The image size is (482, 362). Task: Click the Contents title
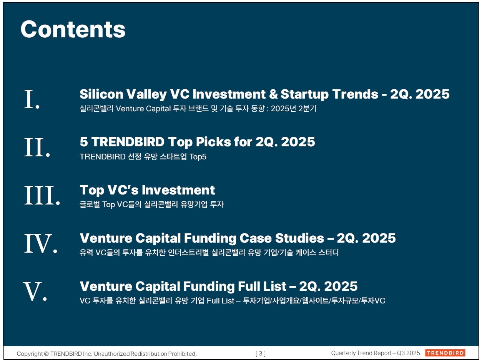click(x=73, y=29)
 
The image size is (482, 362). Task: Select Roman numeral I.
click(x=32, y=99)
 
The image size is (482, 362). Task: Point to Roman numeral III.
click(x=42, y=195)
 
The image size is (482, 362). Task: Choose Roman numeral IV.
click(x=41, y=243)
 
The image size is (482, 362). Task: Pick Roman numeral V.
click(x=35, y=291)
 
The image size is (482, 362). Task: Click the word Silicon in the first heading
click(x=101, y=94)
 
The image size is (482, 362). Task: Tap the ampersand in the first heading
click(x=273, y=94)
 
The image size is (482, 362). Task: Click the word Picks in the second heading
click(x=213, y=142)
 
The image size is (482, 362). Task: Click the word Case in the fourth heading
click(x=256, y=238)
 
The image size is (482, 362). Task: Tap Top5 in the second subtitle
click(x=198, y=157)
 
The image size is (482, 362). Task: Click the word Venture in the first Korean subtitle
click(x=130, y=109)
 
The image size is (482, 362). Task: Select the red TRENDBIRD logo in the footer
click(x=445, y=353)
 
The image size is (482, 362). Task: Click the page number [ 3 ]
click(x=261, y=354)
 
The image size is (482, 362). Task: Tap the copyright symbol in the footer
click(x=47, y=354)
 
